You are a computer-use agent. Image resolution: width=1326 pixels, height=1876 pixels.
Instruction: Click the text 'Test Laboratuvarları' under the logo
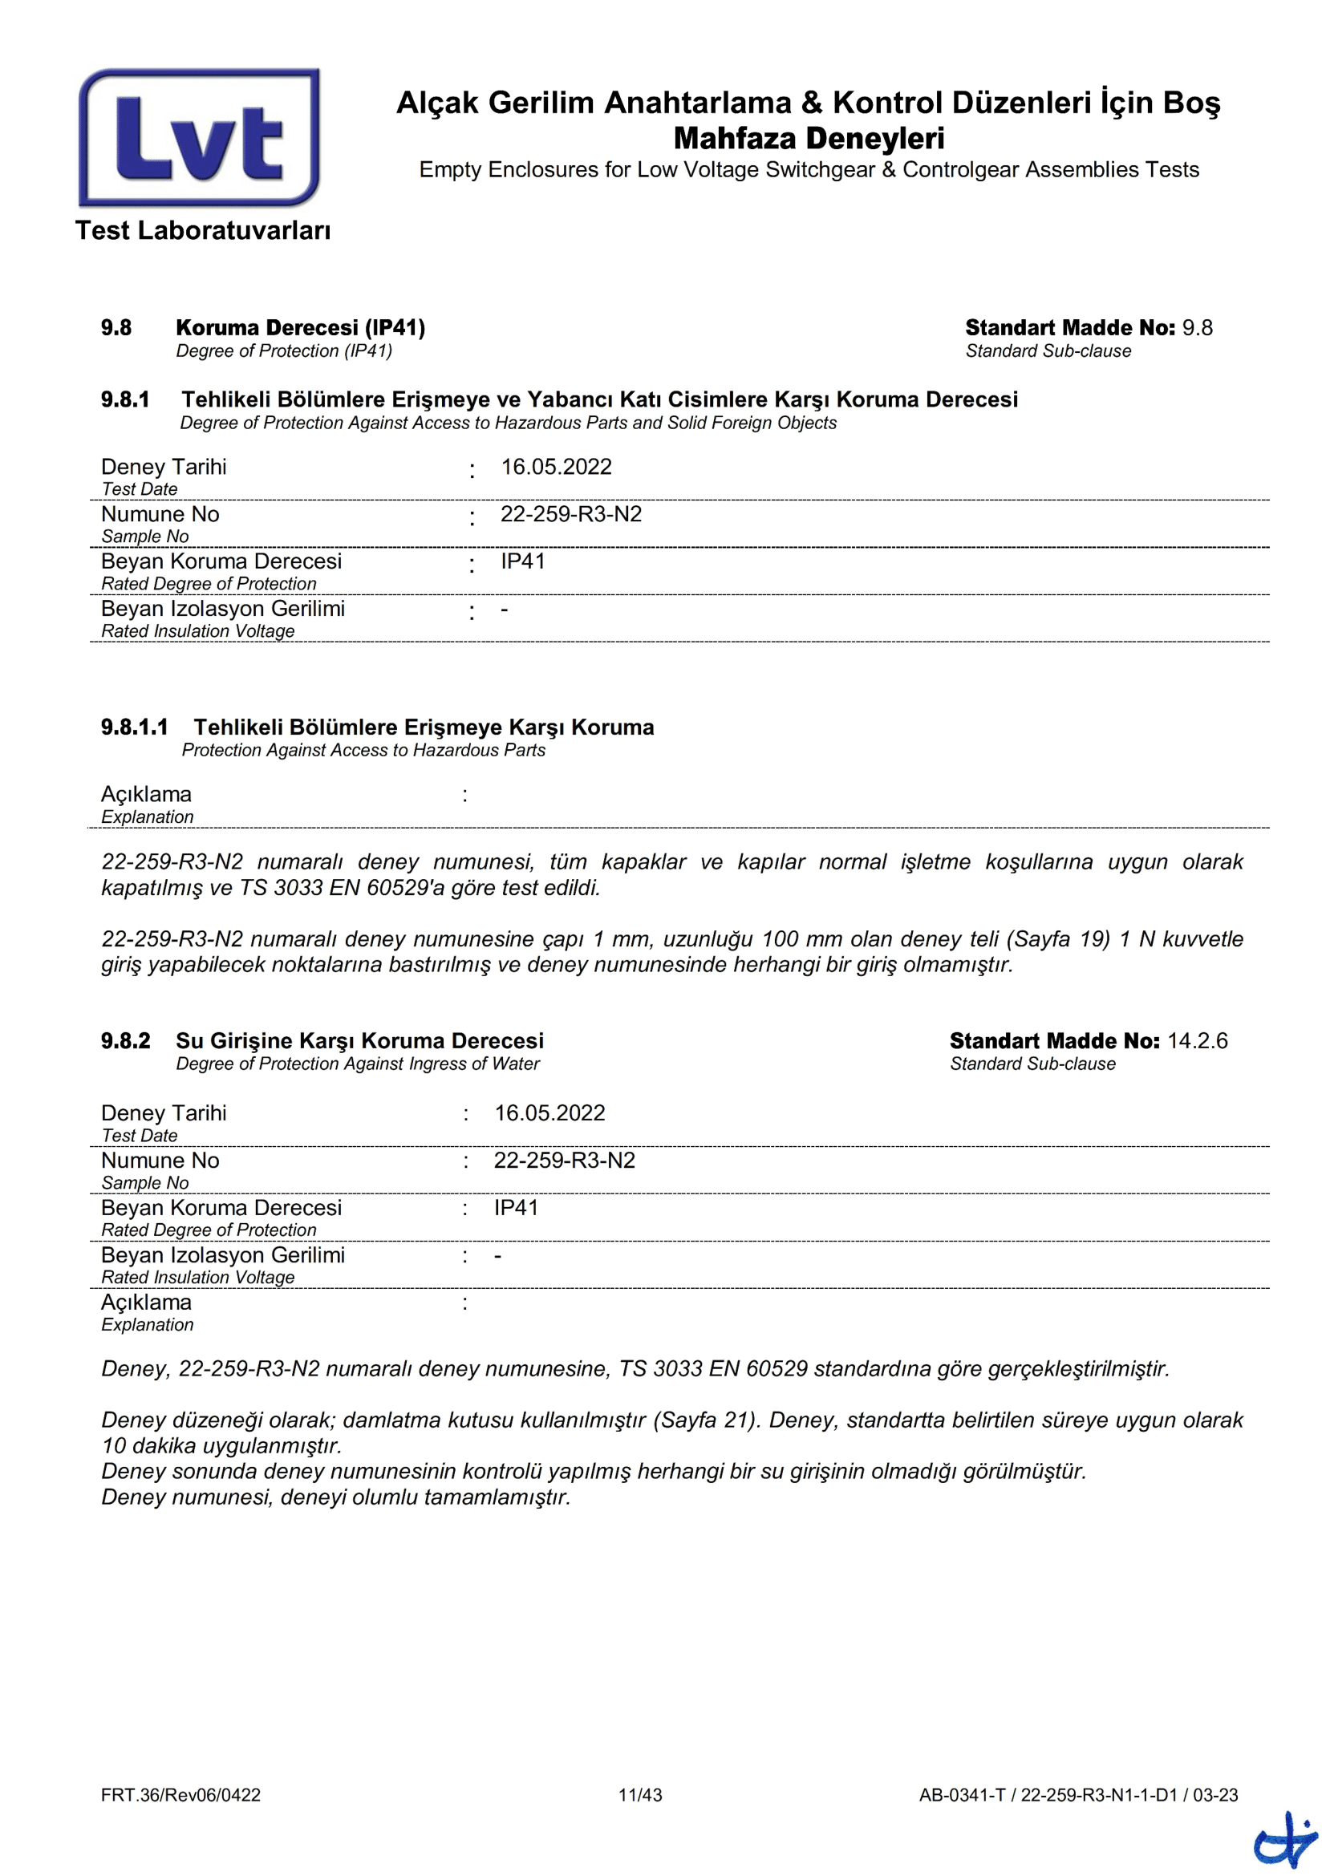click(x=203, y=231)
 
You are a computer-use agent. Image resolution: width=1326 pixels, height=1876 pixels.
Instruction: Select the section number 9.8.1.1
click(x=134, y=727)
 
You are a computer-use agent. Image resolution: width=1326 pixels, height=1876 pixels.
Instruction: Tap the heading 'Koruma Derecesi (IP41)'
click(x=300, y=328)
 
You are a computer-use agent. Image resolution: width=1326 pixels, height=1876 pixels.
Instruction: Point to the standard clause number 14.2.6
click(x=1197, y=1041)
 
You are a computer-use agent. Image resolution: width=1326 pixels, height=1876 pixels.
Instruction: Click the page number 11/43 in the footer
click(x=639, y=1795)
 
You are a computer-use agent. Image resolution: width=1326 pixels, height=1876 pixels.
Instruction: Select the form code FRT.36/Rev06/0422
click(x=180, y=1795)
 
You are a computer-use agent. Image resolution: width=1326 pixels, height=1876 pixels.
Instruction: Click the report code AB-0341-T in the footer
click(x=962, y=1795)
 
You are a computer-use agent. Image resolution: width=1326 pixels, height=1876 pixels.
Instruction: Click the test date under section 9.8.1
click(x=557, y=468)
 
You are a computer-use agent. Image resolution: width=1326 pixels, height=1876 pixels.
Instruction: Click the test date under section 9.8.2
click(x=549, y=1114)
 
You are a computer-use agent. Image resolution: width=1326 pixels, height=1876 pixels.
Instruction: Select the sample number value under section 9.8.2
click(x=565, y=1161)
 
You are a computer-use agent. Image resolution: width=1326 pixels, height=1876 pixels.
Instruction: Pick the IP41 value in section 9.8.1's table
click(x=523, y=562)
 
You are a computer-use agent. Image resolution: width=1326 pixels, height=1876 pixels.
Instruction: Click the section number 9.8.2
click(x=126, y=1041)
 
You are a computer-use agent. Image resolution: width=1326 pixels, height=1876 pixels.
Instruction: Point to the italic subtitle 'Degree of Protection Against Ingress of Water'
click(x=358, y=1064)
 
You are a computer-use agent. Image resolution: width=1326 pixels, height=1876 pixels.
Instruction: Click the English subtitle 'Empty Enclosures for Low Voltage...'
click(x=809, y=170)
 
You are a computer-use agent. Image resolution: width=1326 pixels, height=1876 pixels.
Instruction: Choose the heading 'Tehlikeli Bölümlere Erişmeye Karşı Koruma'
click(x=424, y=727)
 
